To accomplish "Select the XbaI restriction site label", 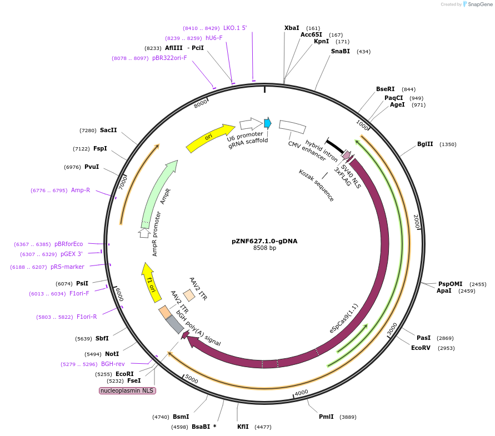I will pyautogui.click(x=292, y=28).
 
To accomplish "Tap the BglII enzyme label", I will pyautogui.click(x=425, y=144).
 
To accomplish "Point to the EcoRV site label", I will pyautogui.click(x=421, y=348).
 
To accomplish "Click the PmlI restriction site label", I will pyautogui.click(x=326, y=417).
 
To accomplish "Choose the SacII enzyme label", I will pyautogui.click(x=108, y=131).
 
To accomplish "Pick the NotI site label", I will pyautogui.click(x=112, y=354).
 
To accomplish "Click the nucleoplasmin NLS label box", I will pyautogui.click(x=127, y=390).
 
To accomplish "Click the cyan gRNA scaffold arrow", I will pyautogui.click(x=267, y=123).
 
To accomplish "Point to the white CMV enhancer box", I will pyautogui.click(x=292, y=127).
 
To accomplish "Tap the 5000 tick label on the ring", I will pyautogui.click(x=191, y=379).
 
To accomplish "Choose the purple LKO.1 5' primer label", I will pyautogui.click(x=234, y=28).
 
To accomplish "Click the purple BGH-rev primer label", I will pyautogui.click(x=113, y=364).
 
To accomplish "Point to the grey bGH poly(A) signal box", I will pyautogui.click(x=175, y=324).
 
